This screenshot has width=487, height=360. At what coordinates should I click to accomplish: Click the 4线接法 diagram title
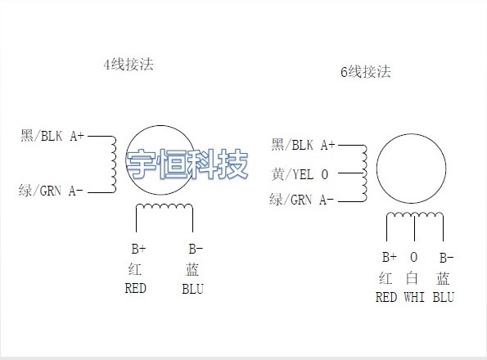pyautogui.click(x=129, y=65)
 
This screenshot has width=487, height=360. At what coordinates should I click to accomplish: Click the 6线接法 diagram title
pyautogui.click(x=366, y=72)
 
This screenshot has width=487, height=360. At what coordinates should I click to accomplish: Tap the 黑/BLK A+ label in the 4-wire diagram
pyautogui.click(x=52, y=136)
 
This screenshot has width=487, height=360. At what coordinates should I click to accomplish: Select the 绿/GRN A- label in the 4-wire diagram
pyautogui.click(x=51, y=191)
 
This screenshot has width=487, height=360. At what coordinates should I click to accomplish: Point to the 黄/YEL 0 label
pyautogui.click(x=300, y=174)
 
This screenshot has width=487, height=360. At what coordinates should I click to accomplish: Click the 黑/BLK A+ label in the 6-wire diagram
pyautogui.click(x=303, y=145)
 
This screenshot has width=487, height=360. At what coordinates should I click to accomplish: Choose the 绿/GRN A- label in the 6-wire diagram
pyautogui.click(x=301, y=200)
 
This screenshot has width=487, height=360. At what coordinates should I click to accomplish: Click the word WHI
pyautogui.click(x=414, y=297)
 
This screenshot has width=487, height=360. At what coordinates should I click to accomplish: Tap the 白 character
pyautogui.click(x=412, y=278)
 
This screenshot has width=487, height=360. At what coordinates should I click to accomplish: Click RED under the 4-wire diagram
pyautogui.click(x=135, y=288)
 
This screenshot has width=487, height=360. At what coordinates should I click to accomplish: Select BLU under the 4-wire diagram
pyautogui.click(x=192, y=289)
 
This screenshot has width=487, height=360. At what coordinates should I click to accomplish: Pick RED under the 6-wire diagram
pyautogui.click(x=386, y=297)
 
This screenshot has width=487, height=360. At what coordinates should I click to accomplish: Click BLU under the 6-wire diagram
pyautogui.click(x=443, y=297)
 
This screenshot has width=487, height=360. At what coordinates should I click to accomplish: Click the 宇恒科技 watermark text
pyautogui.click(x=187, y=164)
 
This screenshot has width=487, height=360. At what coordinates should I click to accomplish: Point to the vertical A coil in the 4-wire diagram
pyautogui.click(x=114, y=164)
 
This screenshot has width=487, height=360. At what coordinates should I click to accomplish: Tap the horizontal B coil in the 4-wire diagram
pyautogui.click(x=165, y=205)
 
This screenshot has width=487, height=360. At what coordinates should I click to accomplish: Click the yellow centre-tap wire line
pyautogui.click(x=350, y=173)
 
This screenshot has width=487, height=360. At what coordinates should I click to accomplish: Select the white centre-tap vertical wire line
pyautogui.click(x=415, y=227)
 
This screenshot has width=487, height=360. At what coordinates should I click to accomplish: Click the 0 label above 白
pyautogui.click(x=413, y=257)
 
